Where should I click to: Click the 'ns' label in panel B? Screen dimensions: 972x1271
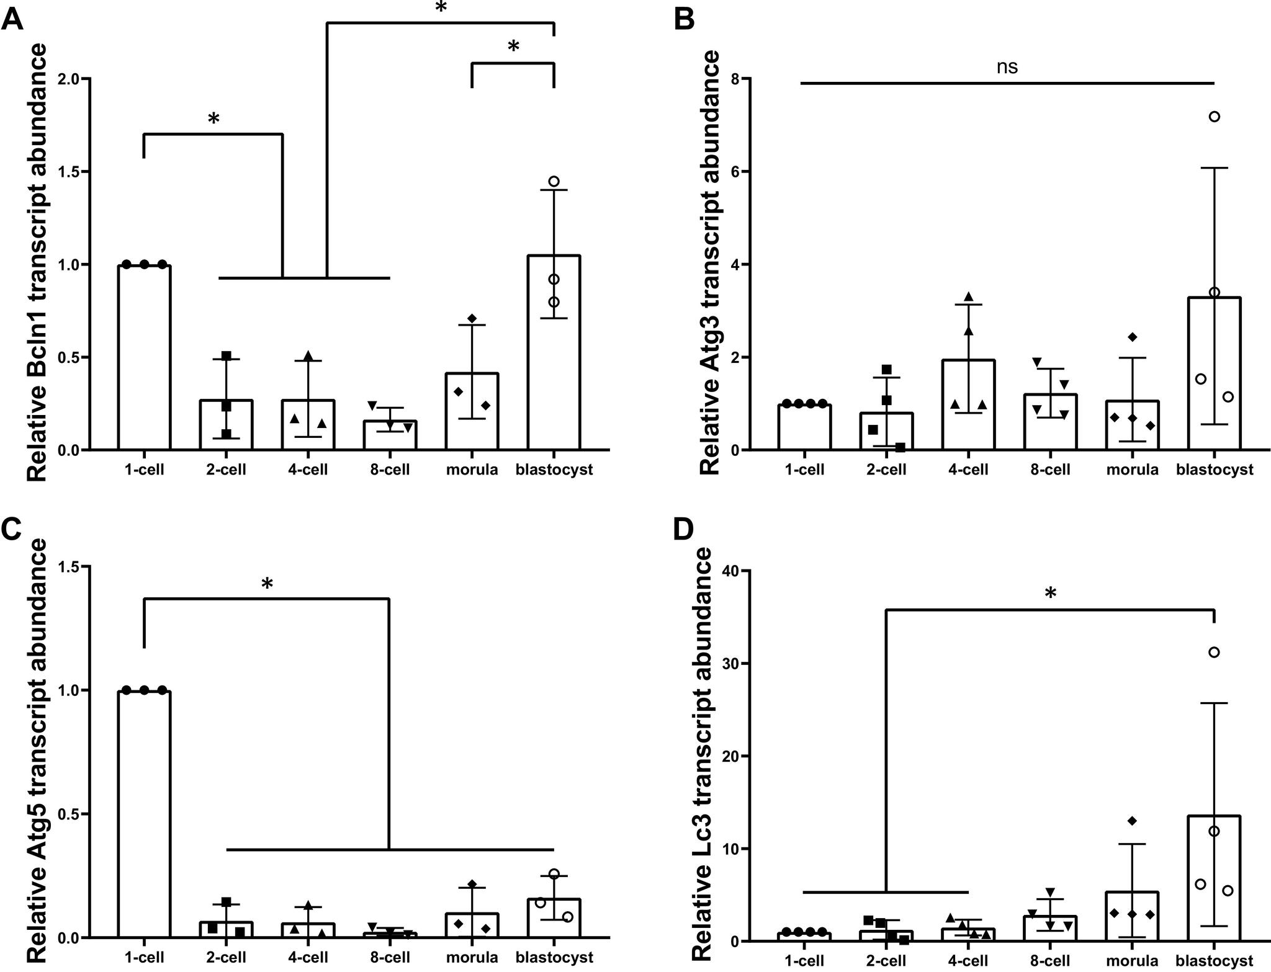[x=1007, y=67]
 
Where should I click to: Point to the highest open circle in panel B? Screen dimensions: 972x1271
[x=1215, y=117]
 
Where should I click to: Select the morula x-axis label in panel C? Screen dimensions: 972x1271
[x=472, y=957]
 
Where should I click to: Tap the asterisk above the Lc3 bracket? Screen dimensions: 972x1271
[x=1050, y=594]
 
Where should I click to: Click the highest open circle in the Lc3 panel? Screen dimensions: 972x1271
[x=1215, y=652]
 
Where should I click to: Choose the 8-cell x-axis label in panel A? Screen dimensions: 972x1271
[x=390, y=470]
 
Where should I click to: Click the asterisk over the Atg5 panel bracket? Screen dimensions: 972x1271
[x=267, y=584]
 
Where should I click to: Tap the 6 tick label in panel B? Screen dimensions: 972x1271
[x=742, y=172]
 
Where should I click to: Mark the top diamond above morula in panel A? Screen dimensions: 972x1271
[x=472, y=318]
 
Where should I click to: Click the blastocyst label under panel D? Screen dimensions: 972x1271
[x=1215, y=961]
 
